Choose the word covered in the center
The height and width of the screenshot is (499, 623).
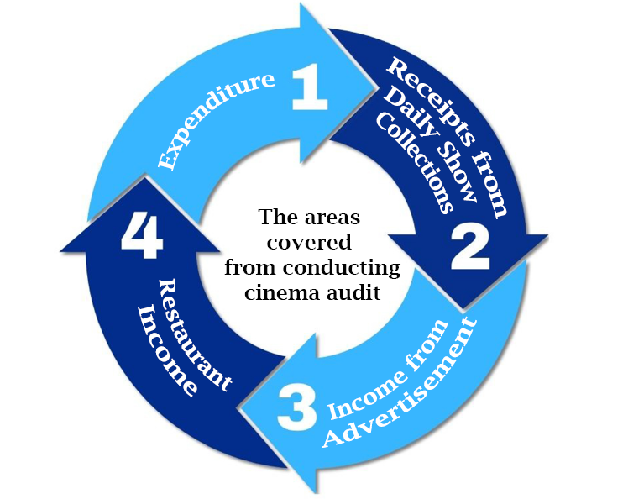(x=311, y=243)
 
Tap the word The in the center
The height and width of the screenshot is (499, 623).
(x=275, y=218)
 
